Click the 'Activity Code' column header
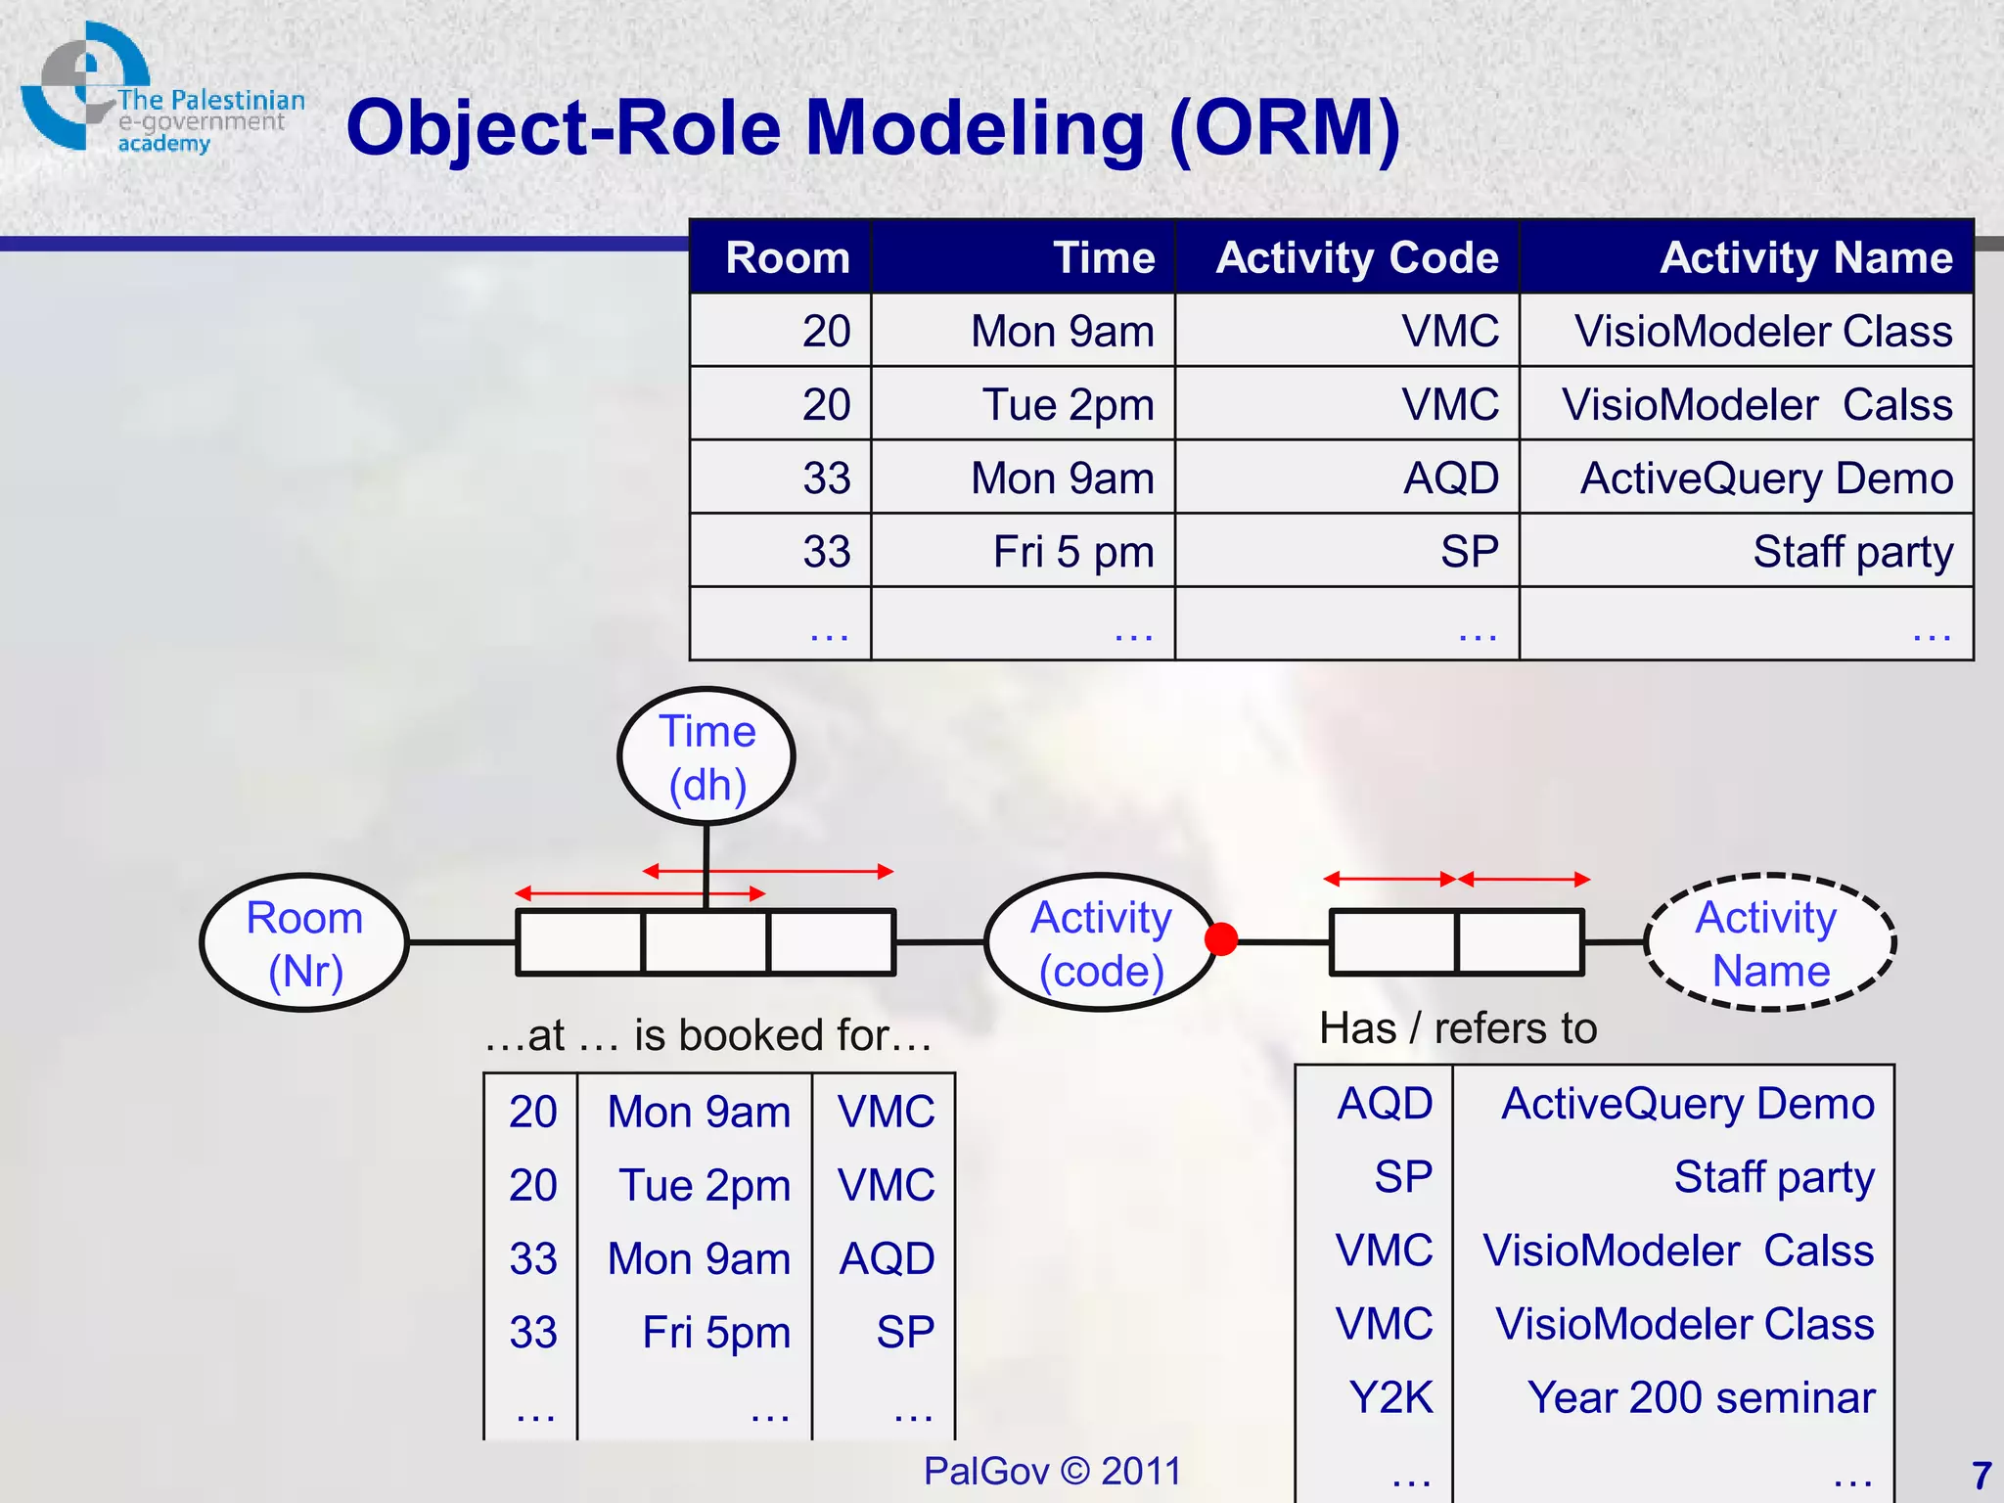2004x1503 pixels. (x=1356, y=258)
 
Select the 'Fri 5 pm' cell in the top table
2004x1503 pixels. (x=1073, y=552)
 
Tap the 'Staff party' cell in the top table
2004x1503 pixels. (x=1851, y=552)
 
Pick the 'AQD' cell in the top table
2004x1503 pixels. (x=1450, y=478)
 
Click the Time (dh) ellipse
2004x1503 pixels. (x=706, y=756)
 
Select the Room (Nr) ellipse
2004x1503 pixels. (x=304, y=943)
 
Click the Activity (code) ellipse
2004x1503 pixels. (x=1100, y=943)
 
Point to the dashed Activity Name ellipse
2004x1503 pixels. (x=1769, y=943)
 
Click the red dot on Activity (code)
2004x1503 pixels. (x=1221, y=939)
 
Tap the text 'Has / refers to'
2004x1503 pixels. (x=1458, y=1028)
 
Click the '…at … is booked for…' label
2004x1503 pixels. (x=707, y=1035)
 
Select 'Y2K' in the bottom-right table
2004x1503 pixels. (x=1390, y=1397)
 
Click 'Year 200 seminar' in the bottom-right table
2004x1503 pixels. (x=1701, y=1397)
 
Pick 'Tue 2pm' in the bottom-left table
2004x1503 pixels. (x=705, y=1185)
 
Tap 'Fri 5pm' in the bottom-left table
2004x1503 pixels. (x=716, y=1332)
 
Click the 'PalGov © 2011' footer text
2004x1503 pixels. (x=1052, y=1471)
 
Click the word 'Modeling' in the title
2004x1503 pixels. (x=975, y=128)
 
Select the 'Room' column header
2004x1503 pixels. (x=788, y=258)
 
